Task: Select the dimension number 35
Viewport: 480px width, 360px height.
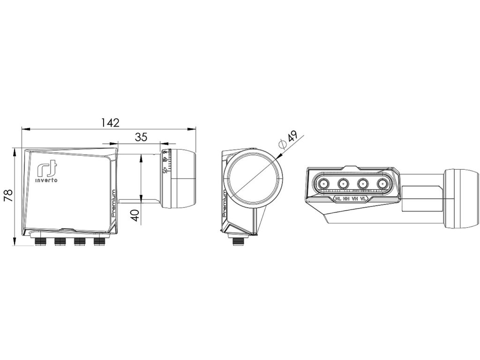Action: point(141,137)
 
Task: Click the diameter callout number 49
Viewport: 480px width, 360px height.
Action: point(292,137)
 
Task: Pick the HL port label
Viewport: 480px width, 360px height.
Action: point(338,199)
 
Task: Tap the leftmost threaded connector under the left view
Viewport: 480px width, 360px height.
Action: point(39,241)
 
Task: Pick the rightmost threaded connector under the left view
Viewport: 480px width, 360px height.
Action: point(98,241)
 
